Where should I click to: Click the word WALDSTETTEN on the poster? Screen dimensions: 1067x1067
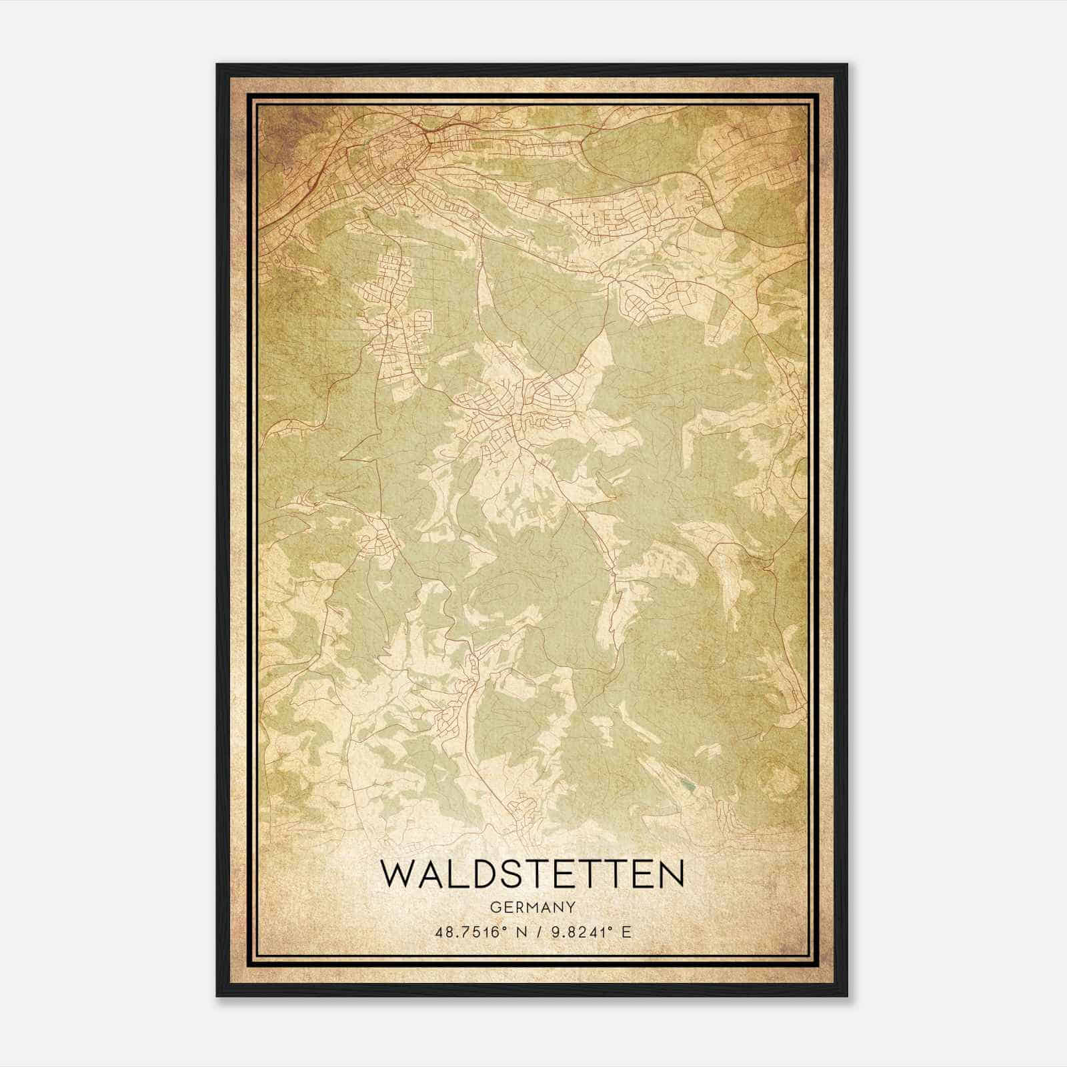(x=531, y=874)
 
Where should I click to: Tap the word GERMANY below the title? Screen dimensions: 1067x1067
(x=531, y=907)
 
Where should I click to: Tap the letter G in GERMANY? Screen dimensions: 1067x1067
(x=493, y=907)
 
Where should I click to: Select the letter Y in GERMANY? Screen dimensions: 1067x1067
(x=570, y=907)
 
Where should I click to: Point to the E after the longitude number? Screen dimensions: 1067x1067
(x=626, y=932)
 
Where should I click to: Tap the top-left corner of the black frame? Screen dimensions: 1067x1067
(x=217, y=65)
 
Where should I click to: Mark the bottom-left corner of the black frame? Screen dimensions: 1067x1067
(x=217, y=996)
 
